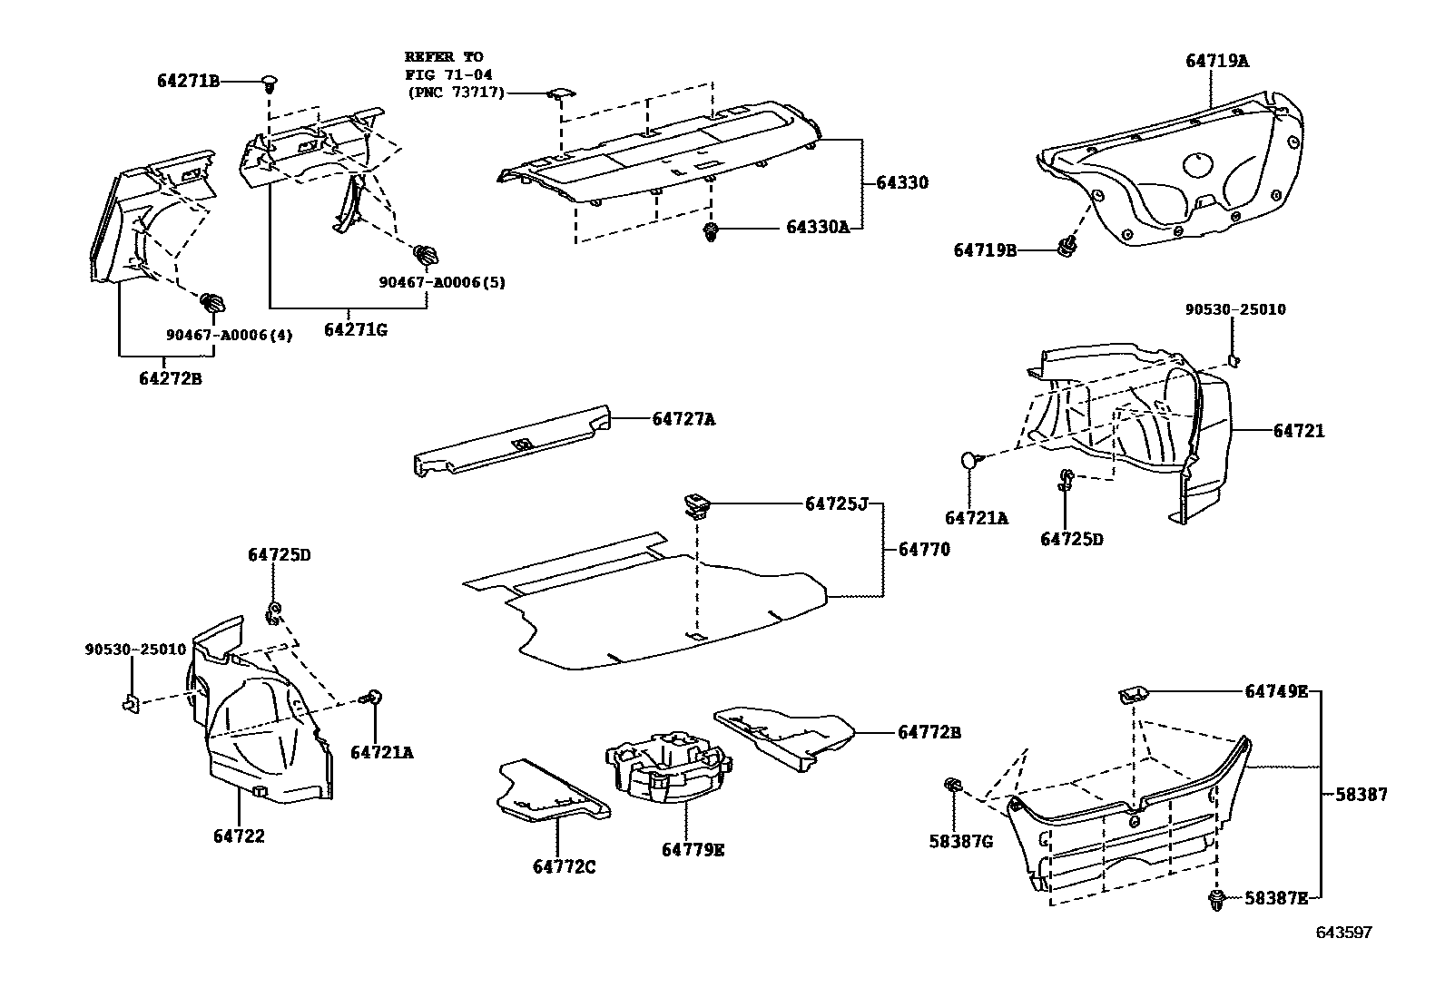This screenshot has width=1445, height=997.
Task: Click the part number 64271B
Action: click(188, 82)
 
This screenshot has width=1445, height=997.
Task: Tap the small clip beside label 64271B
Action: click(270, 83)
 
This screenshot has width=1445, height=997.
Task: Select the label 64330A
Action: click(817, 228)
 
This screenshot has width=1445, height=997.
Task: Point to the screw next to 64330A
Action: click(711, 232)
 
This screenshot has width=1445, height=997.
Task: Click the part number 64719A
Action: click(1216, 62)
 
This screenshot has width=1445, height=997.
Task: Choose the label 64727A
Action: click(683, 419)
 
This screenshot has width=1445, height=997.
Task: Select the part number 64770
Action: click(924, 549)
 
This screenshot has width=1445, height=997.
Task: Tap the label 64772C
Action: click(564, 867)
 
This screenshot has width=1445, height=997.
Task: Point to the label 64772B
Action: click(929, 732)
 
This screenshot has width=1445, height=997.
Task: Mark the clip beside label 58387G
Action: click(953, 786)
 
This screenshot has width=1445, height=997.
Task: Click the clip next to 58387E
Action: click(1217, 901)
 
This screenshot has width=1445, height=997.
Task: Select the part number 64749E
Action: click(1275, 691)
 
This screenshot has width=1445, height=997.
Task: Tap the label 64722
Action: click(240, 836)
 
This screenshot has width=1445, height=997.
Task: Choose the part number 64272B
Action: click(171, 379)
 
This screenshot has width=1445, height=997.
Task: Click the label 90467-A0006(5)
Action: click(442, 282)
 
